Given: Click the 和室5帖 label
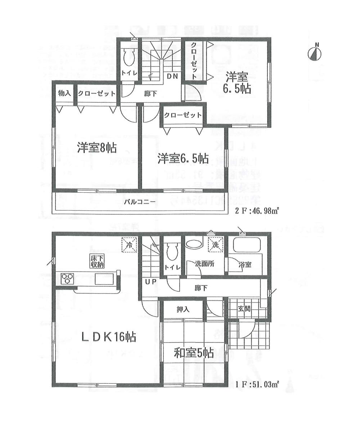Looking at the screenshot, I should (194, 353).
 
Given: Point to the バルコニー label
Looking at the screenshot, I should (140, 202).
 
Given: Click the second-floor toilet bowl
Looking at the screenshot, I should (129, 57).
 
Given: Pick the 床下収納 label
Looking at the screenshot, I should (97, 261).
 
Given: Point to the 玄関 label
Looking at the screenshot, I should (244, 308).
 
